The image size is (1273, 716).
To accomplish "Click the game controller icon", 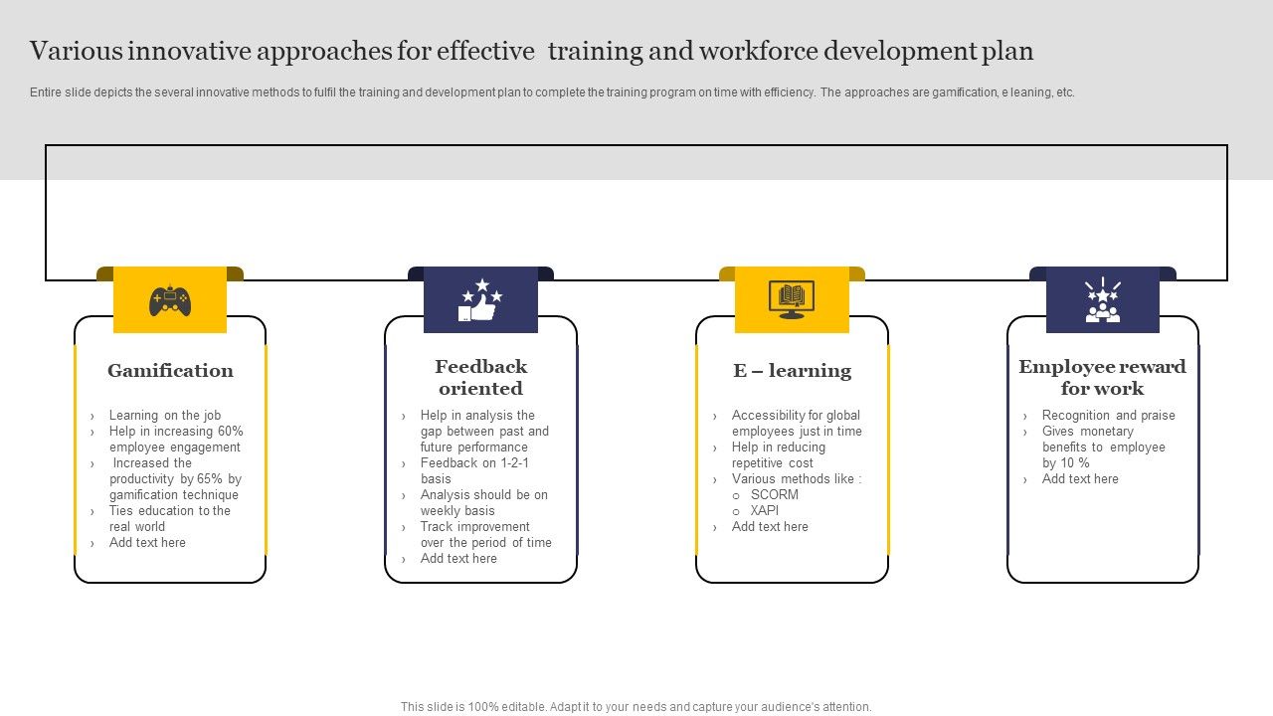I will tap(170, 299).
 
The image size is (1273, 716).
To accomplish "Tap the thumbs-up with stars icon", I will tap(480, 299).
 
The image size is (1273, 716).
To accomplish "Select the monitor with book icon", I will tap(792, 299).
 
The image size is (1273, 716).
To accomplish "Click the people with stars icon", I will tap(1102, 299).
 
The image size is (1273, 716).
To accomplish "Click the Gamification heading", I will tap(170, 371).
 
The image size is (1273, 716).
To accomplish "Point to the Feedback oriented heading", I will tap(480, 378).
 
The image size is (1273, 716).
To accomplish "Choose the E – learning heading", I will tap(792, 371).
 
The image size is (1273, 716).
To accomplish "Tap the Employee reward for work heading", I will tap(1102, 378).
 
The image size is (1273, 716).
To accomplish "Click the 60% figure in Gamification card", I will tap(230, 432).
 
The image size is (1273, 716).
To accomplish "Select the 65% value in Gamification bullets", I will tap(210, 479).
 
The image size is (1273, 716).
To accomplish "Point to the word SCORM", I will tap(775, 495).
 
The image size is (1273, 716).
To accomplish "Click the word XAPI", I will tap(765, 511).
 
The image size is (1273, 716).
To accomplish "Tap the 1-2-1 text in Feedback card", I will tap(514, 463).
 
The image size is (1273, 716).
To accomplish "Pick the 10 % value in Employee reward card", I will tap(1074, 463).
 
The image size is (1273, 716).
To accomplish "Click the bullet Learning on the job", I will tap(165, 416).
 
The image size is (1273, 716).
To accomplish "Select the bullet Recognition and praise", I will tap(1108, 416).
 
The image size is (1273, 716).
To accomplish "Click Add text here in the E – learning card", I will tap(770, 527).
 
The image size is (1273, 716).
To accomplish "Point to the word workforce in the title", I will tap(751, 51).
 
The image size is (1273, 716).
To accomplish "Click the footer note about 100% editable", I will tap(636, 707).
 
